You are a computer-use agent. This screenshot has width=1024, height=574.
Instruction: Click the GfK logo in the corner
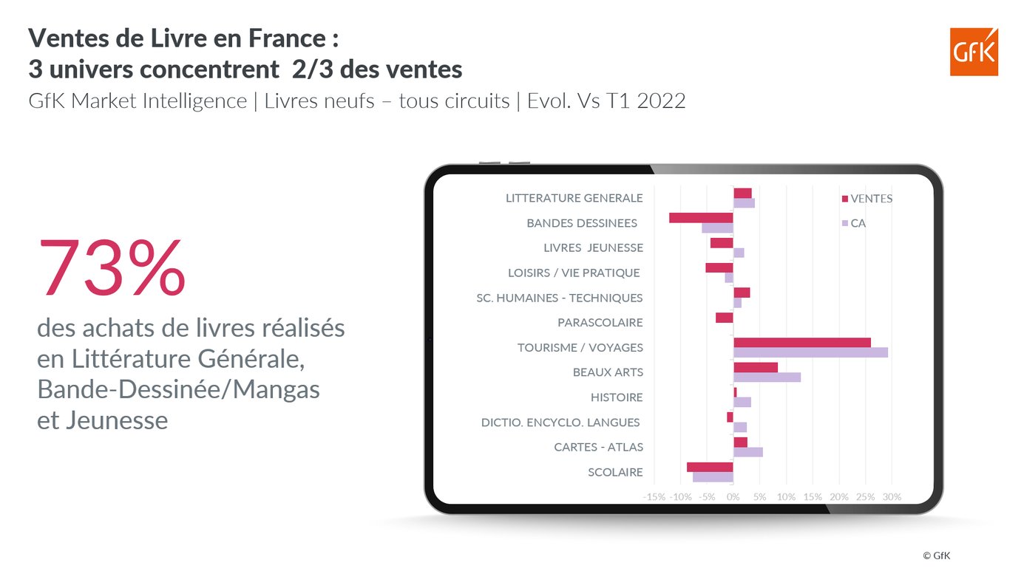(x=974, y=52)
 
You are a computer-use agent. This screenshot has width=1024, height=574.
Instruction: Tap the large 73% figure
(x=112, y=267)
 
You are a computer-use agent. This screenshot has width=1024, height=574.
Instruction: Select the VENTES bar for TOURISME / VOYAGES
(x=801, y=342)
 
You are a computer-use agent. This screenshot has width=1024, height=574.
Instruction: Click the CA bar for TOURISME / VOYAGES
(x=810, y=352)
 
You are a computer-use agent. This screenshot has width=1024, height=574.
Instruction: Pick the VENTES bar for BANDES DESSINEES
(x=701, y=218)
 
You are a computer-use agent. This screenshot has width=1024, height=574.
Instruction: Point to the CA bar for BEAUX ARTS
(x=767, y=377)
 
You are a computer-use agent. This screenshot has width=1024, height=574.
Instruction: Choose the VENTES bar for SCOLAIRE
(x=710, y=467)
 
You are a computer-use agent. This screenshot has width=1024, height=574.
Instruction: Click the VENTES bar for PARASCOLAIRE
(x=724, y=318)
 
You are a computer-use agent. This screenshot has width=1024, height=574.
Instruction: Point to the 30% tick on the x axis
(x=892, y=496)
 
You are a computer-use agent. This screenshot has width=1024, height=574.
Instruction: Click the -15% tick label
(x=655, y=496)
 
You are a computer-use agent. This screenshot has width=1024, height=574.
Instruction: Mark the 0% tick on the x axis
(x=733, y=496)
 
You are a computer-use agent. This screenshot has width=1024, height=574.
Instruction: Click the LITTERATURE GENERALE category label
(x=574, y=198)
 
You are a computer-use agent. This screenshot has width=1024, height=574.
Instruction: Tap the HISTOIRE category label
(x=617, y=397)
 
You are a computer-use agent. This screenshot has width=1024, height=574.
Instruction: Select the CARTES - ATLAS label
(x=598, y=447)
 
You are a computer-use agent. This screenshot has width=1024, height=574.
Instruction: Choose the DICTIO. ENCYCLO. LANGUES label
(x=560, y=423)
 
